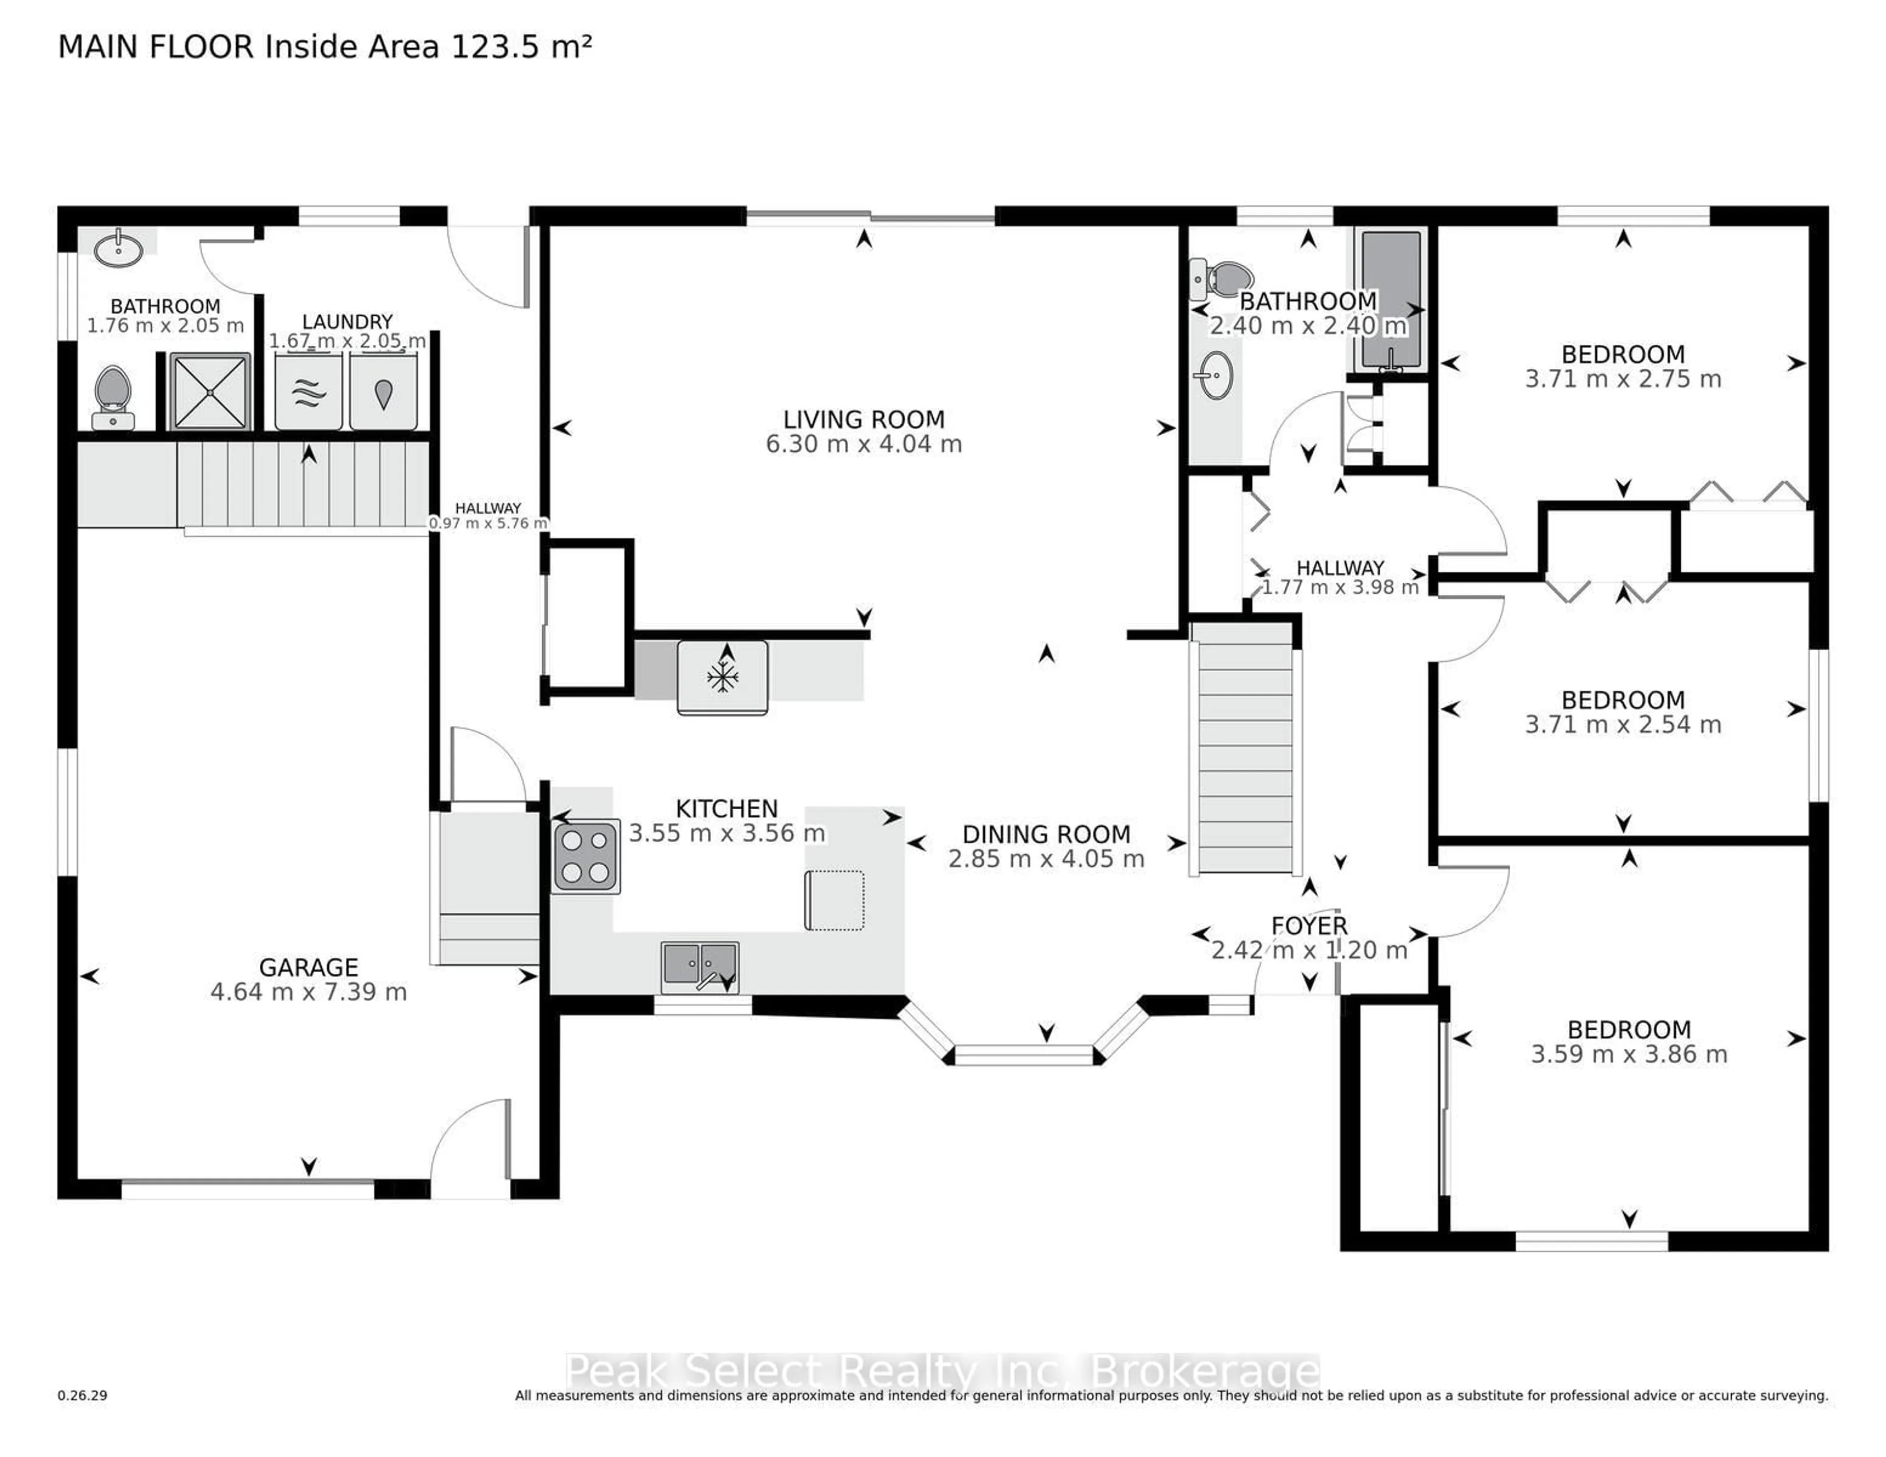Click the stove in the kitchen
click(585, 855)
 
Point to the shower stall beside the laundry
click(210, 391)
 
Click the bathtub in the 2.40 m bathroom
click(1390, 299)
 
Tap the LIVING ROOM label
click(863, 420)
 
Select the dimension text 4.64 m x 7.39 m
click(308, 991)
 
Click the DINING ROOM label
click(1046, 834)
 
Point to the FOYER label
click(1309, 926)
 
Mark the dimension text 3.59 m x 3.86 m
click(1629, 1054)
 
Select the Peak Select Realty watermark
click(941, 1371)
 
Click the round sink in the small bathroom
click(118, 249)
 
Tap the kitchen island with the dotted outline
click(834, 900)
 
